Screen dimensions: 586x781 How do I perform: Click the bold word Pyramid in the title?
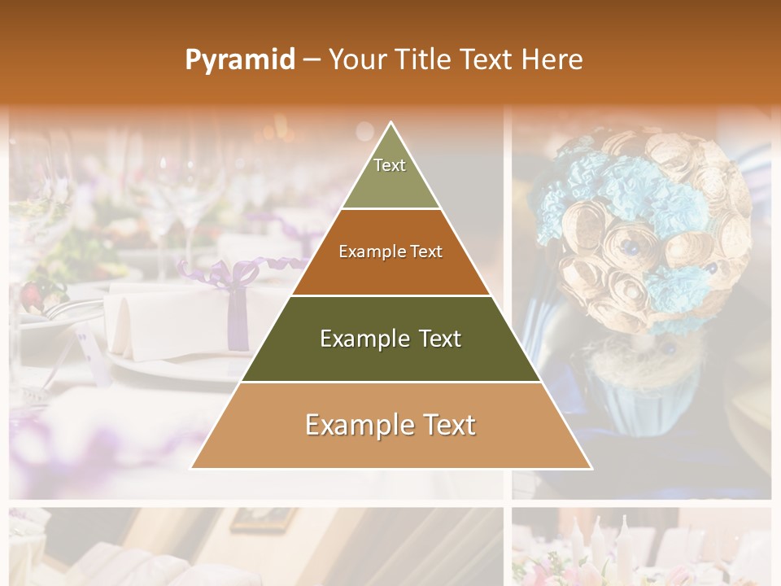tap(240, 60)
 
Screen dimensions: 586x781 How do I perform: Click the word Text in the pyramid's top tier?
tap(390, 165)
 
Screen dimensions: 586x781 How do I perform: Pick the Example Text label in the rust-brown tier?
tap(390, 251)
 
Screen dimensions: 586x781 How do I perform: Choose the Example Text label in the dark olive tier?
tap(390, 339)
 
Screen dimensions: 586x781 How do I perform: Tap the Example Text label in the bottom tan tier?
tap(390, 425)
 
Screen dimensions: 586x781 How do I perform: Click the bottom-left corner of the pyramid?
tap(192, 468)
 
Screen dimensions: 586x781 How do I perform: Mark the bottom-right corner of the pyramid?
tap(591, 468)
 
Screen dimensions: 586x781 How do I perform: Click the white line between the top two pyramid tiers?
tap(390, 209)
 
